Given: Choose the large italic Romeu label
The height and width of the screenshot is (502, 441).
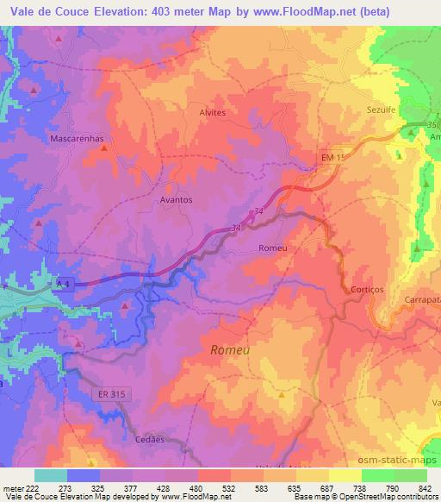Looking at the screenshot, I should (x=232, y=349).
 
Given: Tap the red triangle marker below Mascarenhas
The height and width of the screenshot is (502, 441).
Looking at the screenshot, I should (x=104, y=148).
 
